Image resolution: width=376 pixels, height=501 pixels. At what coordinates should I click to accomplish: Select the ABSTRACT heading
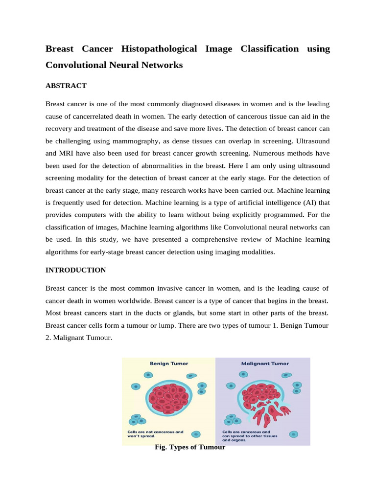coord(66,86)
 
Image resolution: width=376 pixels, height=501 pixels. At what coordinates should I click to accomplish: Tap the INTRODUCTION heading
coord(75,270)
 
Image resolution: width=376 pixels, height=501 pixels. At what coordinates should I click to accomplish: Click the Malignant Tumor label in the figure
coord(265,364)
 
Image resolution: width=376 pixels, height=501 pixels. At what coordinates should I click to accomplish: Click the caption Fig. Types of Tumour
coord(189,447)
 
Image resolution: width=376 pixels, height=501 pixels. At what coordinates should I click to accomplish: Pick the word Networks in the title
coord(162,65)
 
